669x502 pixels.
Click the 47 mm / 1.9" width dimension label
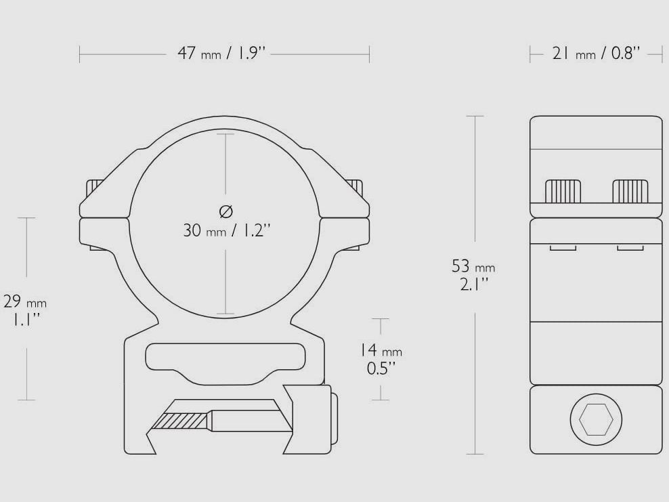click(x=221, y=54)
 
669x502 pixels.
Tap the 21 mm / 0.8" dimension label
click(x=596, y=54)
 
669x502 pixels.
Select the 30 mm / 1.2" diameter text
click(x=227, y=230)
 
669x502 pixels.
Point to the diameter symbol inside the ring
click(x=225, y=211)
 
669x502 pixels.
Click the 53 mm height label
click(x=473, y=266)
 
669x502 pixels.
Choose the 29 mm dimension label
click(x=25, y=301)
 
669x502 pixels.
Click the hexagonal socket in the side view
click(x=596, y=419)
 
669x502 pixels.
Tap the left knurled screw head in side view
click(x=563, y=191)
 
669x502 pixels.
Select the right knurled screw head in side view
click(x=630, y=191)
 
